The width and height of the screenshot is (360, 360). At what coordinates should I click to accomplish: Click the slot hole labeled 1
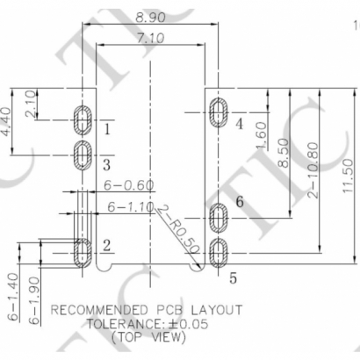pos(83,120)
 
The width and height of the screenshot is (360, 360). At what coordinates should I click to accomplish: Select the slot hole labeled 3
pos(83,155)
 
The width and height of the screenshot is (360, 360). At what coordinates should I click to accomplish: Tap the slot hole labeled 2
pos(83,251)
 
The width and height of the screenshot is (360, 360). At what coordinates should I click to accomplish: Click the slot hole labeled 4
pos(219,112)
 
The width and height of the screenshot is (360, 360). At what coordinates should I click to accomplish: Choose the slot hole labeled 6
pos(219,215)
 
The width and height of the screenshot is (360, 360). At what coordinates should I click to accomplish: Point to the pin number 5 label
pos(234,278)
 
